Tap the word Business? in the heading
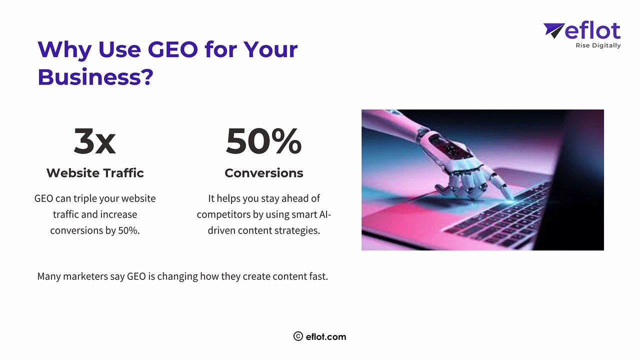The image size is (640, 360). click(95, 77)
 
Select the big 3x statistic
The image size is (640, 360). click(94, 141)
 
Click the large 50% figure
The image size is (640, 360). click(263, 141)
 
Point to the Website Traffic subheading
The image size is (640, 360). click(95, 173)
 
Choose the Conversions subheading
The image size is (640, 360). click(263, 173)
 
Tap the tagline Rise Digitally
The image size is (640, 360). click(597, 45)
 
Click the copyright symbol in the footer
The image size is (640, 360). click(298, 336)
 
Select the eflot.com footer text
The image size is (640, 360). click(326, 336)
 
